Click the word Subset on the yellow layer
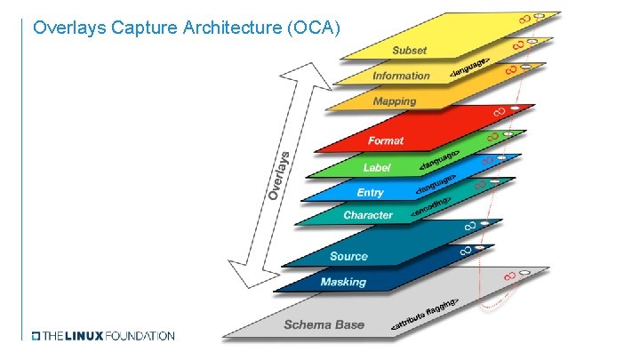410,51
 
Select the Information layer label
401,76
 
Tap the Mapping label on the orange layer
395,101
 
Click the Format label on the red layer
386,140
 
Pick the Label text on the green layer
377,167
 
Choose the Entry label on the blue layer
371,192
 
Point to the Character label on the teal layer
368,215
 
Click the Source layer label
348,256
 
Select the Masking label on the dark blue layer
343,282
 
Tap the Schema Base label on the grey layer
324,324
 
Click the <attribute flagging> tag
426,316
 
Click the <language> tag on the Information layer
469,70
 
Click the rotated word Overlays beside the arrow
279,174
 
